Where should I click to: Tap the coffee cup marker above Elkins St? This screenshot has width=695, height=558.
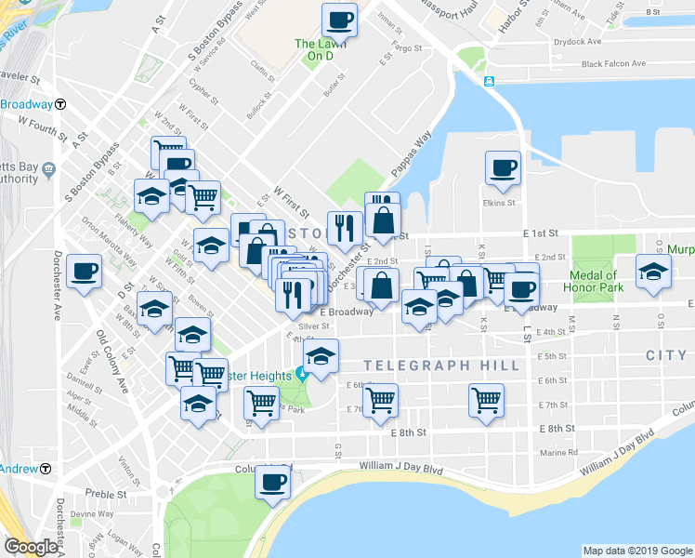tap(503, 167)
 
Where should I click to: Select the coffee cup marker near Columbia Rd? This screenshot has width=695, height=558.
tap(273, 482)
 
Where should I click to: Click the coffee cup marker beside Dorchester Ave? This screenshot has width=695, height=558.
tap(85, 271)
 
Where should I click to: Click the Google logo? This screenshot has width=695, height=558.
tap(31, 547)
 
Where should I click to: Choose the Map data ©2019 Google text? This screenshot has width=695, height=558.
tap(637, 551)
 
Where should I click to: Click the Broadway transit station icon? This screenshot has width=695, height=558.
tap(60, 104)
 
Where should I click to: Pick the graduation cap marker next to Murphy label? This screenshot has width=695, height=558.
tap(652, 272)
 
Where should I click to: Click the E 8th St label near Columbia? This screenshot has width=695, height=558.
tap(557, 428)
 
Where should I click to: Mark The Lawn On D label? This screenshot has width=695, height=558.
tap(314, 50)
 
